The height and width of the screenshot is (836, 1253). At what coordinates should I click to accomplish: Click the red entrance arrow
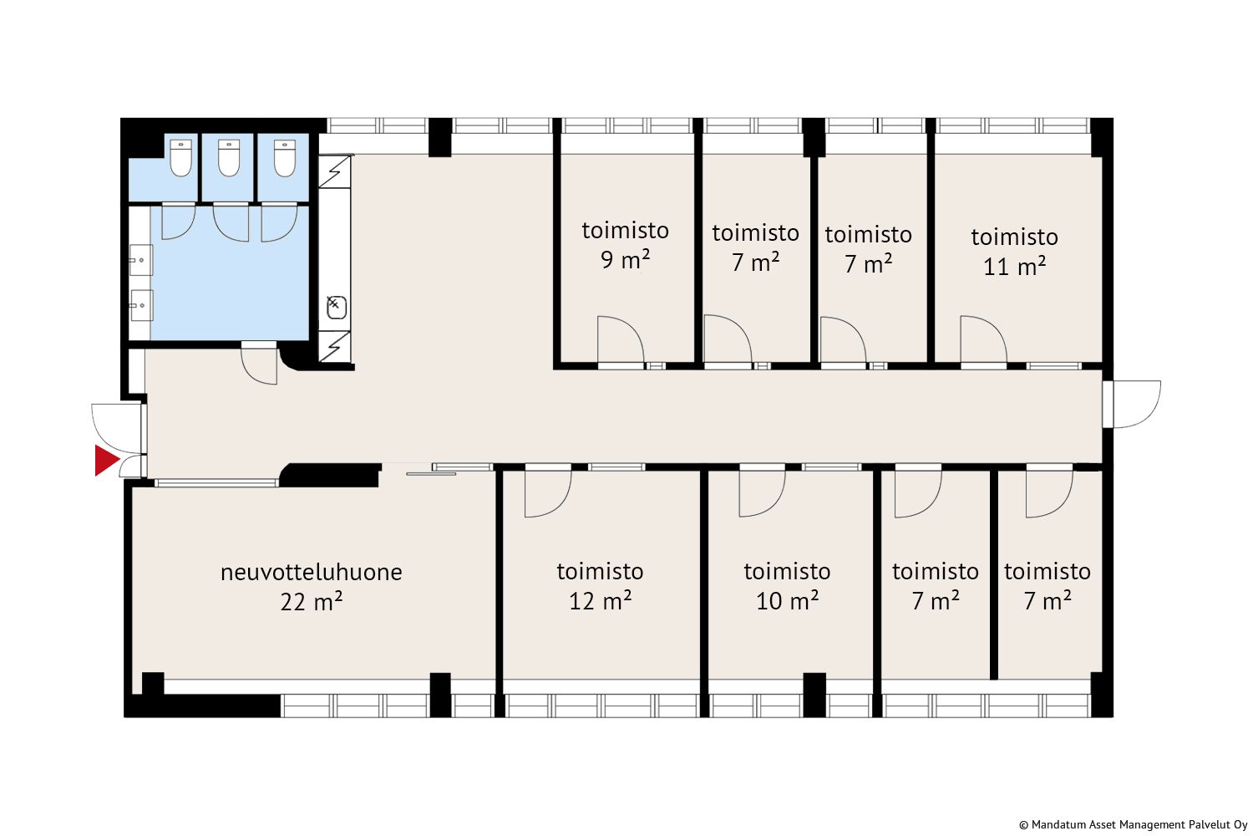click(106, 461)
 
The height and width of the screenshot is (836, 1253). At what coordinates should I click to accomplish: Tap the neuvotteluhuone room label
click(312, 573)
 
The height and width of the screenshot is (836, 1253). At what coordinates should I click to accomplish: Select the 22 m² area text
click(312, 602)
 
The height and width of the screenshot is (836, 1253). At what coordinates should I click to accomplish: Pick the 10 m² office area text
click(788, 601)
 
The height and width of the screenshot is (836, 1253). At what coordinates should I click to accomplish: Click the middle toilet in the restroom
click(229, 158)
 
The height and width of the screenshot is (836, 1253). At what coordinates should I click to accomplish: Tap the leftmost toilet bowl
click(180, 158)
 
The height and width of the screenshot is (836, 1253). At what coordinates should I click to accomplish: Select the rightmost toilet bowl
click(285, 158)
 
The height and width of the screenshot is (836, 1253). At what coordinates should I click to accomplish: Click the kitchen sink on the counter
click(336, 308)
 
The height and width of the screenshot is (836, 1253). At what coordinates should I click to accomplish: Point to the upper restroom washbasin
click(141, 260)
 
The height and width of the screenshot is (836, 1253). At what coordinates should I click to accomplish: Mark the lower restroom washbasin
click(141, 305)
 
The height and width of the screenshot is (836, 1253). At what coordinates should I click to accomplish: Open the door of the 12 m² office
click(548, 492)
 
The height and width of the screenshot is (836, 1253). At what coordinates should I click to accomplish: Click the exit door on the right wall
click(1135, 405)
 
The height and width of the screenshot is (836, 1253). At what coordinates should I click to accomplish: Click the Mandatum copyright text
click(1134, 825)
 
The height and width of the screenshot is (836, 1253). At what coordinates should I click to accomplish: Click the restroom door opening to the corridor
click(259, 363)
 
